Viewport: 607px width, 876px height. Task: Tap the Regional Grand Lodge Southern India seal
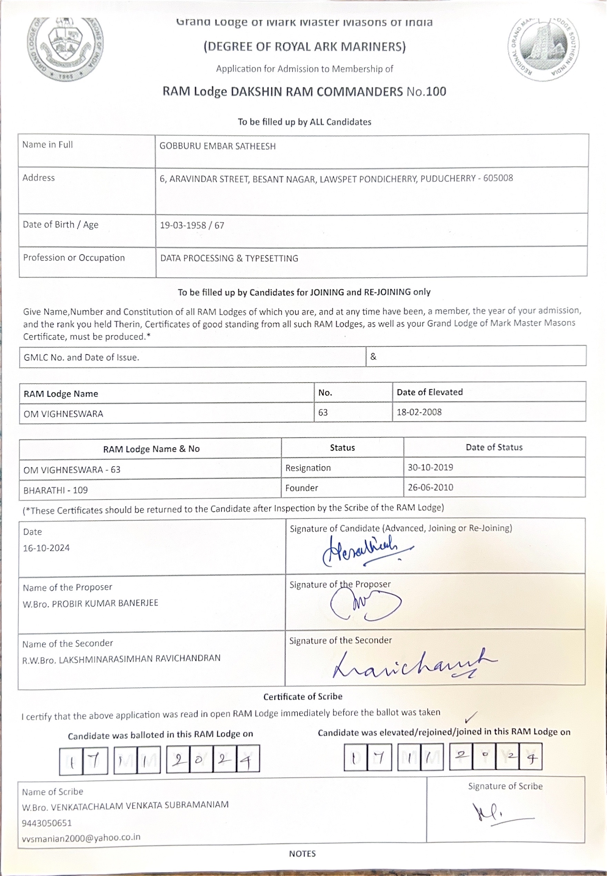(544, 49)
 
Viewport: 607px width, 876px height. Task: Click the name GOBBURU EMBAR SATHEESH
(218, 146)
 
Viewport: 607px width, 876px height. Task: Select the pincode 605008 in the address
(498, 178)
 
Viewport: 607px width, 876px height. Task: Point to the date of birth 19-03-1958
(181, 225)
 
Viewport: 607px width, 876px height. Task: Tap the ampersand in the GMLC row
(373, 357)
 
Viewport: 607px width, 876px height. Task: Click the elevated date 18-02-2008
(419, 412)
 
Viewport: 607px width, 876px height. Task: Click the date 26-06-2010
(430, 487)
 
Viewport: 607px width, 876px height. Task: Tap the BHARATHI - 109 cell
(56, 490)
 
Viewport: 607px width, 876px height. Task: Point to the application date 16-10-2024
(47, 548)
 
